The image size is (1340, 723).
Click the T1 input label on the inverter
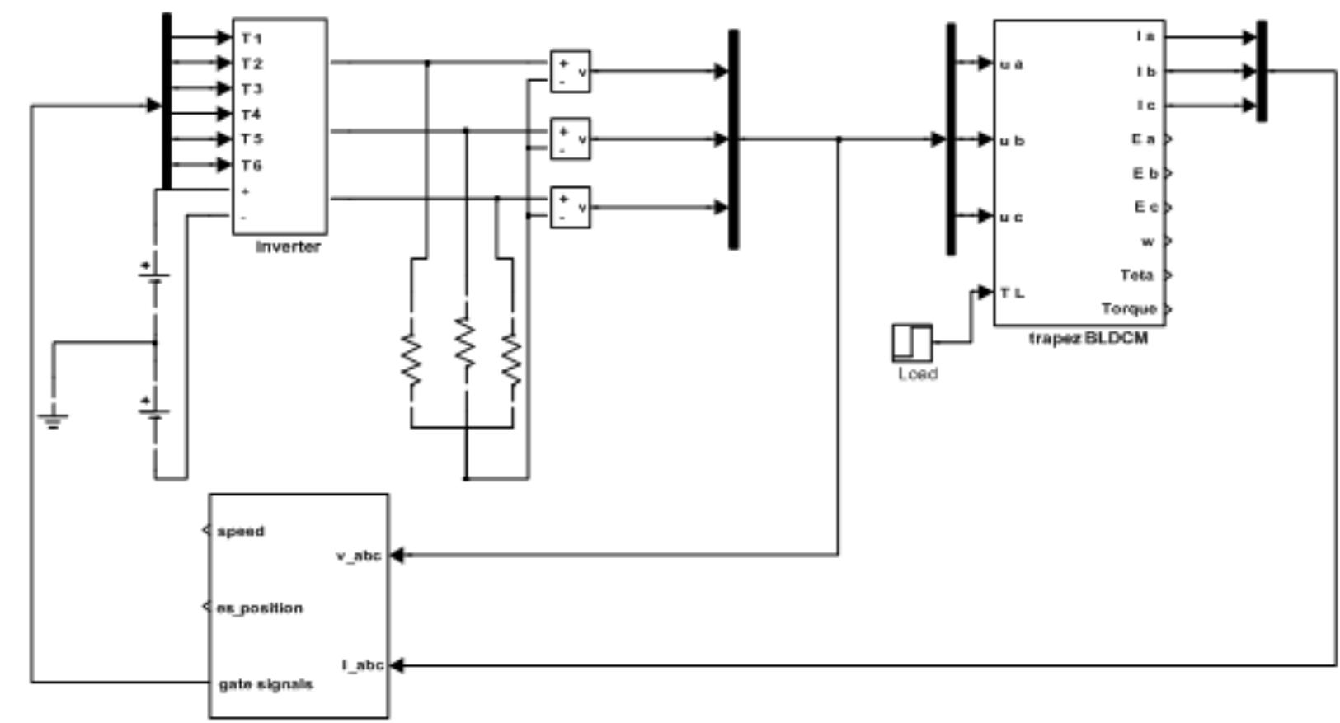click(252, 38)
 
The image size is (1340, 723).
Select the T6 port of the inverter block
click(252, 166)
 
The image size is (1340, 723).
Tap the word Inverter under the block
click(288, 246)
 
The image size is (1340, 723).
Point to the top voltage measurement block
click(570, 72)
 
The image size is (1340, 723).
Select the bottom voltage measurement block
click(570, 208)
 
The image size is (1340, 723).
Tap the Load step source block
click(912, 342)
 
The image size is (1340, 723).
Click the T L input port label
click(1013, 293)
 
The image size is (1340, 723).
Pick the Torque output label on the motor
click(1129, 308)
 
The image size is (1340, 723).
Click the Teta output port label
click(1136, 275)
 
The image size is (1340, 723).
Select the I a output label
click(1146, 36)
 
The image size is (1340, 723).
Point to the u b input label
click(1012, 141)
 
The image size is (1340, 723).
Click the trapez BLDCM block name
click(1087, 338)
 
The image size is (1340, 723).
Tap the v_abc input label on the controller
click(358, 556)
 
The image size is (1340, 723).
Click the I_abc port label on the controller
click(362, 664)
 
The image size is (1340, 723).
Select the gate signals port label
click(266, 684)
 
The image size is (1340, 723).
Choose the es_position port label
click(260, 608)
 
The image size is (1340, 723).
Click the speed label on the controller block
click(241, 531)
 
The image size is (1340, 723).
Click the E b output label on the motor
click(1145, 173)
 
